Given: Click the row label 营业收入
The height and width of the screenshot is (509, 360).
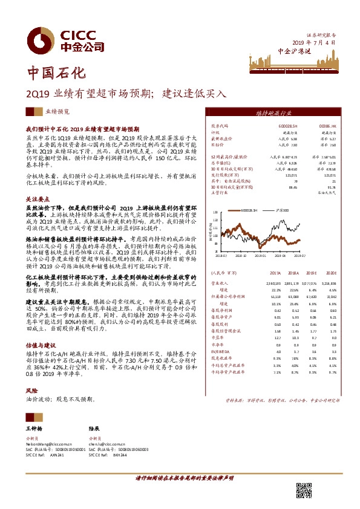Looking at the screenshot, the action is [x=218, y=282].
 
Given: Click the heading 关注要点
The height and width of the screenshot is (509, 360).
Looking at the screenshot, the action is [x=37, y=198].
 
